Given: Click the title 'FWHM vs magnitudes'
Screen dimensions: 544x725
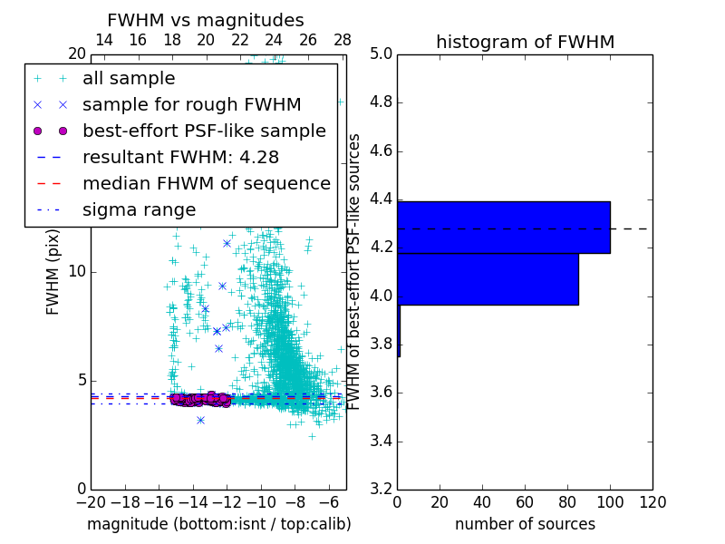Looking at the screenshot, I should point(206,21).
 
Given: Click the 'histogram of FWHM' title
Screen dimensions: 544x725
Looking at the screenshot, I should point(525,42).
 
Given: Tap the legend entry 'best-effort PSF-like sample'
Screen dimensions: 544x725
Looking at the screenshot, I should point(204,131).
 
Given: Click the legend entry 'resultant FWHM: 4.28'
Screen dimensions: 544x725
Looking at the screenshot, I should point(173,157).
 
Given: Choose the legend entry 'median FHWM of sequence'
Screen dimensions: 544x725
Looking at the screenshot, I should point(206,183).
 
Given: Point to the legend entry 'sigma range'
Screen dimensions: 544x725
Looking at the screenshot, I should point(139,209).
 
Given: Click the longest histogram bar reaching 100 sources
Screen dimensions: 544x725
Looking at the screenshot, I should point(503,228).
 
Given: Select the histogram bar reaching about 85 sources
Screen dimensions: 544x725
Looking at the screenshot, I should point(488,279).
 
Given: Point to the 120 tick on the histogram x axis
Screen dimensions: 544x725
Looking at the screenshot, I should point(652,501).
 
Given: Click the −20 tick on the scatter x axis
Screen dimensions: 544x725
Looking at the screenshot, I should point(91,501).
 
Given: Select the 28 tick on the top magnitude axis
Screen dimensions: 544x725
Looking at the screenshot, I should point(343,40).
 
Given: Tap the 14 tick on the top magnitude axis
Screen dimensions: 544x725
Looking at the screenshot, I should point(104,40).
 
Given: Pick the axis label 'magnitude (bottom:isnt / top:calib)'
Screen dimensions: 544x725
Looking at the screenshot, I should point(218,524).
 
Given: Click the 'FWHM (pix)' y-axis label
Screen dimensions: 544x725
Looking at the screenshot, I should point(53,271).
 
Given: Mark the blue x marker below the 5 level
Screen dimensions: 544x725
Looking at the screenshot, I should point(200,420).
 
